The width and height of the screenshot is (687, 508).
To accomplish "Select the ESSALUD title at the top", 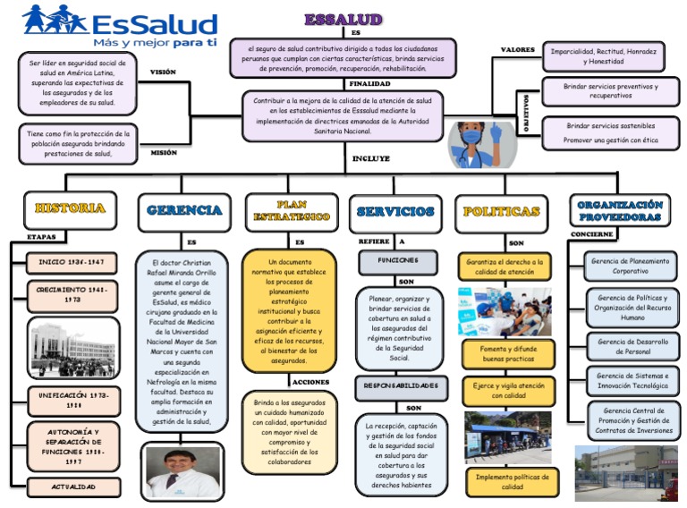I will click(x=343, y=19).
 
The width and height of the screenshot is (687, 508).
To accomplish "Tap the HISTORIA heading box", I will click(x=71, y=208).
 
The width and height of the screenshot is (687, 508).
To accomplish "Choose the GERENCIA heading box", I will click(x=184, y=211).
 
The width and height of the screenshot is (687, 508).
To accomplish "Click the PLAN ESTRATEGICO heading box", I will click(x=291, y=211).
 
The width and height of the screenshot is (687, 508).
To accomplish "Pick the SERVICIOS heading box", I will click(x=394, y=212).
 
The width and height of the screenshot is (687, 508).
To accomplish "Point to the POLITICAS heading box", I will click(x=502, y=212).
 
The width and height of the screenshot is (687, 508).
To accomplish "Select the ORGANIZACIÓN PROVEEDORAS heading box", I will click(x=619, y=211).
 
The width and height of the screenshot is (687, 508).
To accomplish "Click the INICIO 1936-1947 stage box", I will click(x=72, y=263).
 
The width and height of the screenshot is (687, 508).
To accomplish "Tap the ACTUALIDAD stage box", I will click(x=72, y=487).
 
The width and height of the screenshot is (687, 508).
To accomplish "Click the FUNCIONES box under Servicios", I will click(x=396, y=260).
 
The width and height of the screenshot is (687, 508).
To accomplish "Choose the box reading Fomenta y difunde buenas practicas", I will click(x=507, y=354).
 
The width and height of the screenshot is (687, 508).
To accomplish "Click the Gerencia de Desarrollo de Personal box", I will click(x=632, y=346).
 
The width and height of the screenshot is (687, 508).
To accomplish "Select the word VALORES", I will click(x=517, y=49).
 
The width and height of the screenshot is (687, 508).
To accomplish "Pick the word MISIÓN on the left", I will click(x=163, y=153).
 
